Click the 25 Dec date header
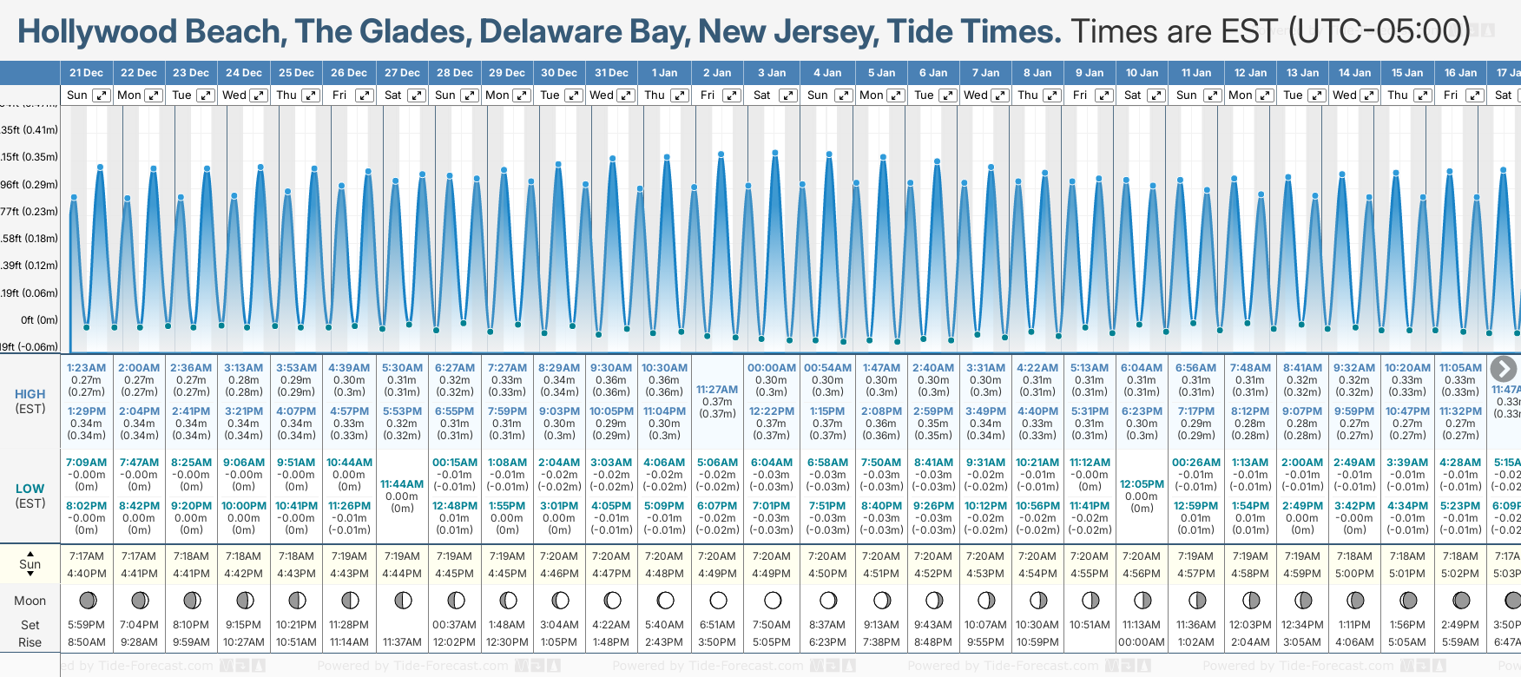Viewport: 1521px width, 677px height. pyautogui.click(x=296, y=73)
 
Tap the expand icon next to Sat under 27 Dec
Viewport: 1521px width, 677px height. pyautogui.click(x=416, y=95)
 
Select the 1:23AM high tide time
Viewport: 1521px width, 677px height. pyautogui.click(x=86, y=368)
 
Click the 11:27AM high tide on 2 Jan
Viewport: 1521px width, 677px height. pyautogui.click(x=717, y=390)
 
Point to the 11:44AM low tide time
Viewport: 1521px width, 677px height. pyautogui.click(x=402, y=484)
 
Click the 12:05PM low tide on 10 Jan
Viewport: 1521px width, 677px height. pyautogui.click(x=1142, y=484)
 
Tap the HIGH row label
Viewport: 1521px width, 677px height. pyautogui.click(x=30, y=394)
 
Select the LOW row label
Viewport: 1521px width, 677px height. pyautogui.click(x=30, y=489)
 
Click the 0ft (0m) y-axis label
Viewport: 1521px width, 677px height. pyautogui.click(x=39, y=320)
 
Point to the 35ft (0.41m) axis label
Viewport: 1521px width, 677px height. pyautogui.click(x=30, y=130)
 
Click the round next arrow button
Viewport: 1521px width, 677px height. pyautogui.click(x=1503, y=369)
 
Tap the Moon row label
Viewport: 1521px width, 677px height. pyautogui.click(x=30, y=601)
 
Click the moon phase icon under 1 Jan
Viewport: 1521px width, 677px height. pyautogui.click(x=665, y=601)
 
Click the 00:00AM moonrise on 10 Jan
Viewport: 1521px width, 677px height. pyautogui.click(x=1141, y=642)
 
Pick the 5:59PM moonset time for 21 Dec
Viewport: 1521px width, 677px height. pyautogui.click(x=86, y=625)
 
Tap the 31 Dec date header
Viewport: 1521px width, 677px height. pyautogui.click(x=611, y=73)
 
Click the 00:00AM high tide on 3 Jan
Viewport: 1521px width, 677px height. pyautogui.click(x=772, y=368)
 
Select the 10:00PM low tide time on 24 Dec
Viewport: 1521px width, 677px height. pyautogui.click(x=244, y=506)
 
